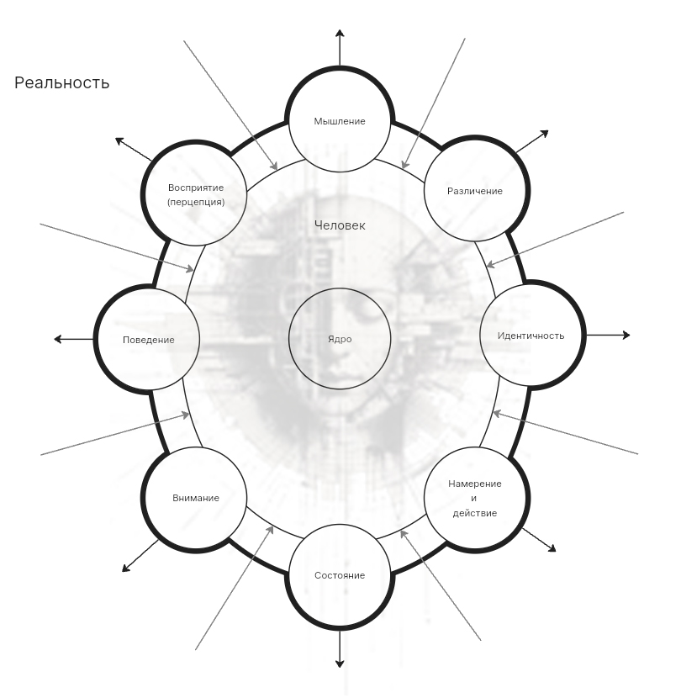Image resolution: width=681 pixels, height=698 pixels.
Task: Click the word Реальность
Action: tap(62, 82)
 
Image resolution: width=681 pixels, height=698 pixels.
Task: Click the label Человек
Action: tap(340, 225)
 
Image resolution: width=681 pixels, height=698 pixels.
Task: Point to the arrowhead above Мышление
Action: tap(340, 34)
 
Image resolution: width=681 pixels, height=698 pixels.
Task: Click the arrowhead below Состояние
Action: tap(340, 664)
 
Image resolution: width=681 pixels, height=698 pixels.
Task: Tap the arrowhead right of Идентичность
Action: tap(626, 336)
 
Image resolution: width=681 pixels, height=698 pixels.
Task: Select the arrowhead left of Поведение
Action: tap(58, 339)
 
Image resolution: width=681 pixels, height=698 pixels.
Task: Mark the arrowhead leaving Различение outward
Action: tap(545, 134)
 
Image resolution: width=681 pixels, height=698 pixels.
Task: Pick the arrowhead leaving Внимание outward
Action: tap(126, 568)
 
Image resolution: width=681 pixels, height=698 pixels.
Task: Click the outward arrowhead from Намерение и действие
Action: tap(552, 548)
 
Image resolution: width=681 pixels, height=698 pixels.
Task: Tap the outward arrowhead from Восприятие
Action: tap(119, 141)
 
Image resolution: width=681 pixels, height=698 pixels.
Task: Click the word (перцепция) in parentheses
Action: tap(196, 202)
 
